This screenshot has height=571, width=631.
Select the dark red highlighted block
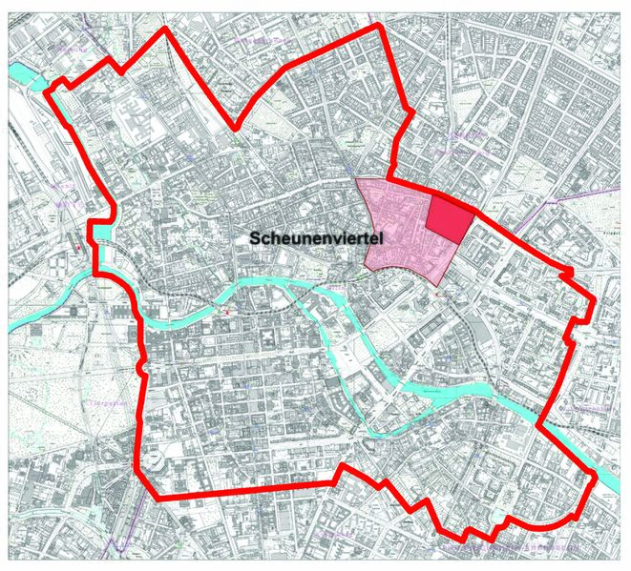tap(449, 216)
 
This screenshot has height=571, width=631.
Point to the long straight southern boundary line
tap(248, 496)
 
